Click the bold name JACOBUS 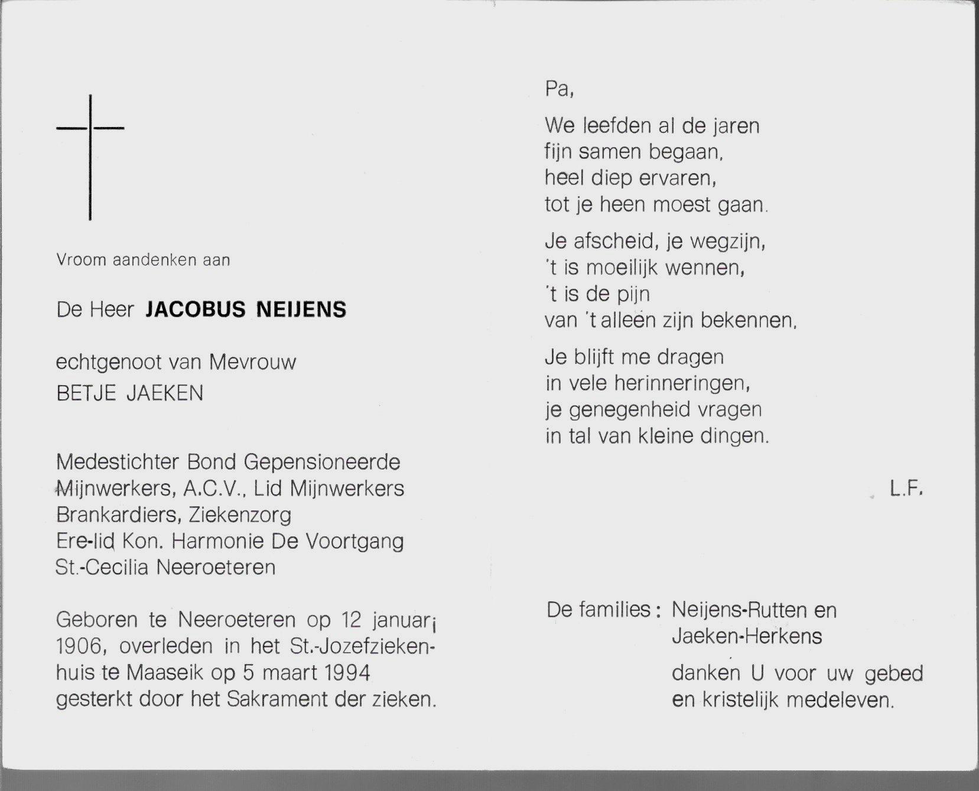[x=193, y=310]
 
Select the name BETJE [x=86, y=393]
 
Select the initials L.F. [x=906, y=489]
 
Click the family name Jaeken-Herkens [x=747, y=636]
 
